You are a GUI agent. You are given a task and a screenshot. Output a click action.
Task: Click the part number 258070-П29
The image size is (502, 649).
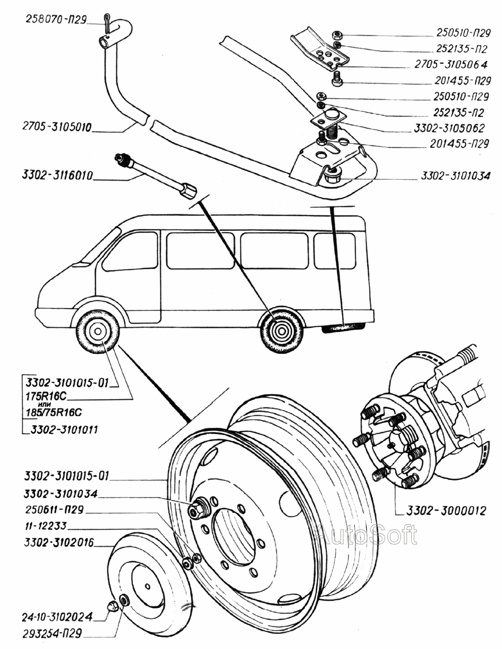point(55,20)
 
